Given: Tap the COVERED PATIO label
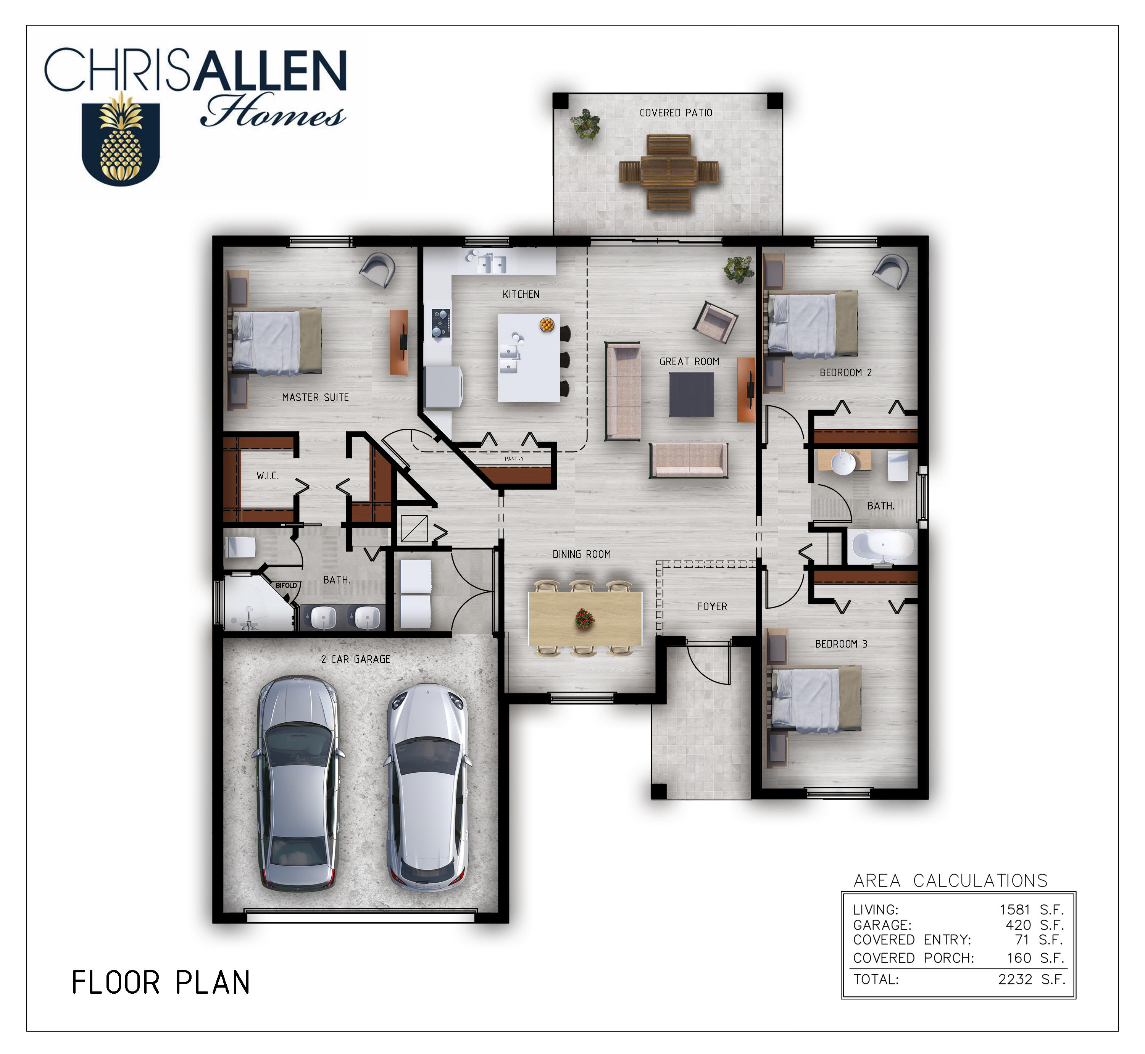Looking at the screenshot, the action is [676, 113].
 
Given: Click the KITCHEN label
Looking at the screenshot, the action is [521, 294].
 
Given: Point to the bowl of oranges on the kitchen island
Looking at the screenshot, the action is [547, 324].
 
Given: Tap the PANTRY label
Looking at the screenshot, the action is [514, 459].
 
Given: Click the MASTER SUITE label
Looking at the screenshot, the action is [316, 398].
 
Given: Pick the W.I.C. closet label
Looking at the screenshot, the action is [268, 475].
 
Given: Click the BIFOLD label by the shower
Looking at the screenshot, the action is [286, 585].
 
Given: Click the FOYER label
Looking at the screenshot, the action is [713, 606].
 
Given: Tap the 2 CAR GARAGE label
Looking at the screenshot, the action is [355, 659].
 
